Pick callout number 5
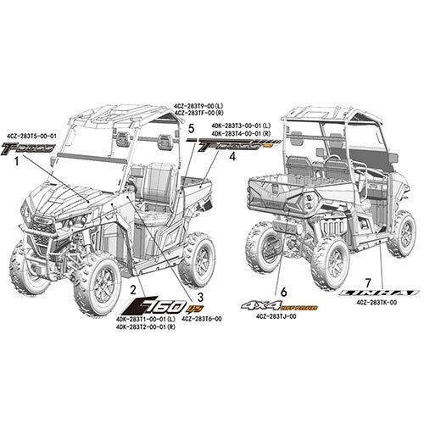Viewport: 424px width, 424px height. pyautogui.click(x=192, y=127)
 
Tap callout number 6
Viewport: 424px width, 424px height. pyautogui.click(x=283, y=290)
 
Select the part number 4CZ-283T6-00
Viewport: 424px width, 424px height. pyautogui.click(x=202, y=319)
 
